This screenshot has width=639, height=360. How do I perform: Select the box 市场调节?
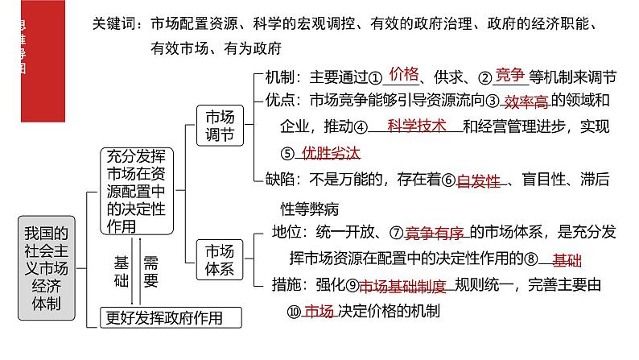pos(220,124)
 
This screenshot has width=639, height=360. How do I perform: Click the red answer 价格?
pos(404,75)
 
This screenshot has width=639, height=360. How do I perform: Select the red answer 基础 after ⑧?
pos(568,259)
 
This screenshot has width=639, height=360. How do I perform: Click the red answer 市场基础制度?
pos(400,286)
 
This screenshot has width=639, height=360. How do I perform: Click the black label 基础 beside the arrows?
pos(122,271)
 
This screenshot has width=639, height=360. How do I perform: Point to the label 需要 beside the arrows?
pos(151,271)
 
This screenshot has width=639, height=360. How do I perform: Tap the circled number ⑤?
pos(288,153)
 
